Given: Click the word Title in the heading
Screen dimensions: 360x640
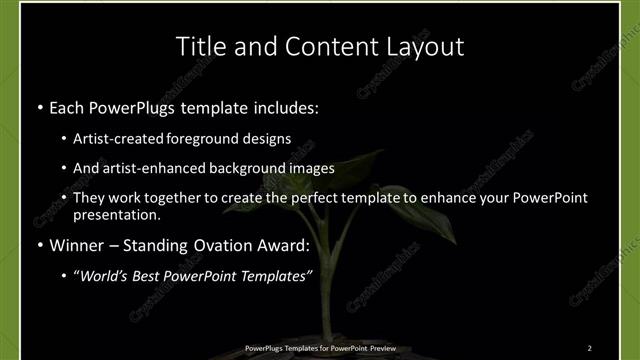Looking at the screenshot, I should (198, 46).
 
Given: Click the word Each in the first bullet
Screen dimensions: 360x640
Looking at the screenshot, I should (67, 105).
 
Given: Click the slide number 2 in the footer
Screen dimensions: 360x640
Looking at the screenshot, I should (590, 348).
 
